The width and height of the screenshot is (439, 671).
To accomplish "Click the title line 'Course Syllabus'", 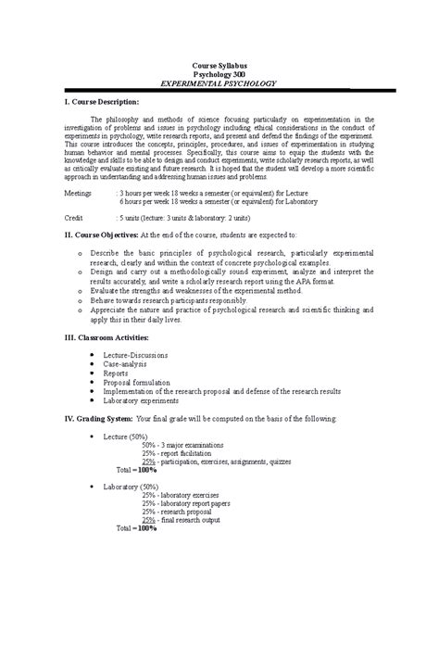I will point(219,66).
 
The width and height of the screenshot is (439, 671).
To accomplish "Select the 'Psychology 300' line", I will point(219,74).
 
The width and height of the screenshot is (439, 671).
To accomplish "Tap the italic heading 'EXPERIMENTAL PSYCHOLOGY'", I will point(219,82).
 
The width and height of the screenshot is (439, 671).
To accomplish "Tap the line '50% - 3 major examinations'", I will point(182,445).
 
